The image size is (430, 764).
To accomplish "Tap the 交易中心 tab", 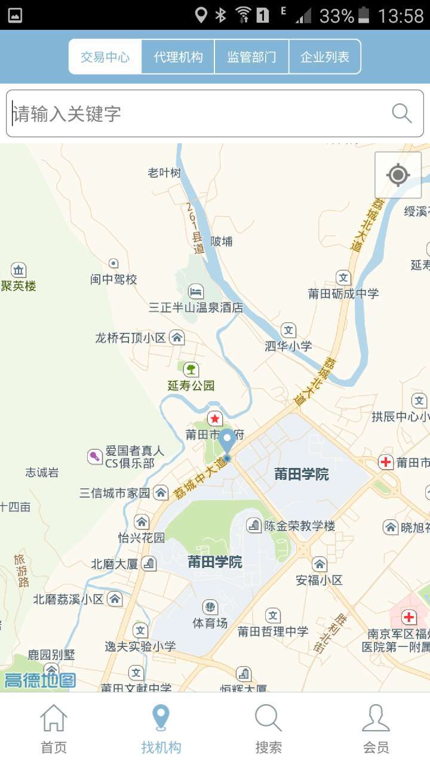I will coord(105,57).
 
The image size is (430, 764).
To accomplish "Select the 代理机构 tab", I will coord(178,57).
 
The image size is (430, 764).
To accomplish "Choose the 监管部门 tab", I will coord(251,57).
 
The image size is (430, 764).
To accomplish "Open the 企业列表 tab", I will coord(325,57).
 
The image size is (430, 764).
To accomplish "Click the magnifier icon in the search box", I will coord(401,113).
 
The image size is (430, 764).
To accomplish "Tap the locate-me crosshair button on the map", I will coord(398,175).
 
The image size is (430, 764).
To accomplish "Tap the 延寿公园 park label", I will coord(191,385).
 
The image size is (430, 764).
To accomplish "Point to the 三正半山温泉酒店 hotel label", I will coord(196,307).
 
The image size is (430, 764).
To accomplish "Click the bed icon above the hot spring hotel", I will coord(196,292).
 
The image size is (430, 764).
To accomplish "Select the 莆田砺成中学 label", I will coord(343,293).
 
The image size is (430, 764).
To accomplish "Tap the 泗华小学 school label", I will coord(288,346).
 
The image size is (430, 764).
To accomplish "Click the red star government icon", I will coord(214,418).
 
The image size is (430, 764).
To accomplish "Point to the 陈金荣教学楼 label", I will coord(300,526).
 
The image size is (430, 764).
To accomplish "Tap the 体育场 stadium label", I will coord(210,623).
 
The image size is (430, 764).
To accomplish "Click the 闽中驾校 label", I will coord(113,279).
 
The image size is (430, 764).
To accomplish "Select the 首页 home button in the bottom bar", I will coord(54,728).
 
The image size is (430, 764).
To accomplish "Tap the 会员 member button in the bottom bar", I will coord(376,728).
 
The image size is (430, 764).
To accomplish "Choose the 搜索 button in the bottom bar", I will coord(269,728).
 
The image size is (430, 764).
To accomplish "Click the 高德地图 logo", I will coord(40,680).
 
